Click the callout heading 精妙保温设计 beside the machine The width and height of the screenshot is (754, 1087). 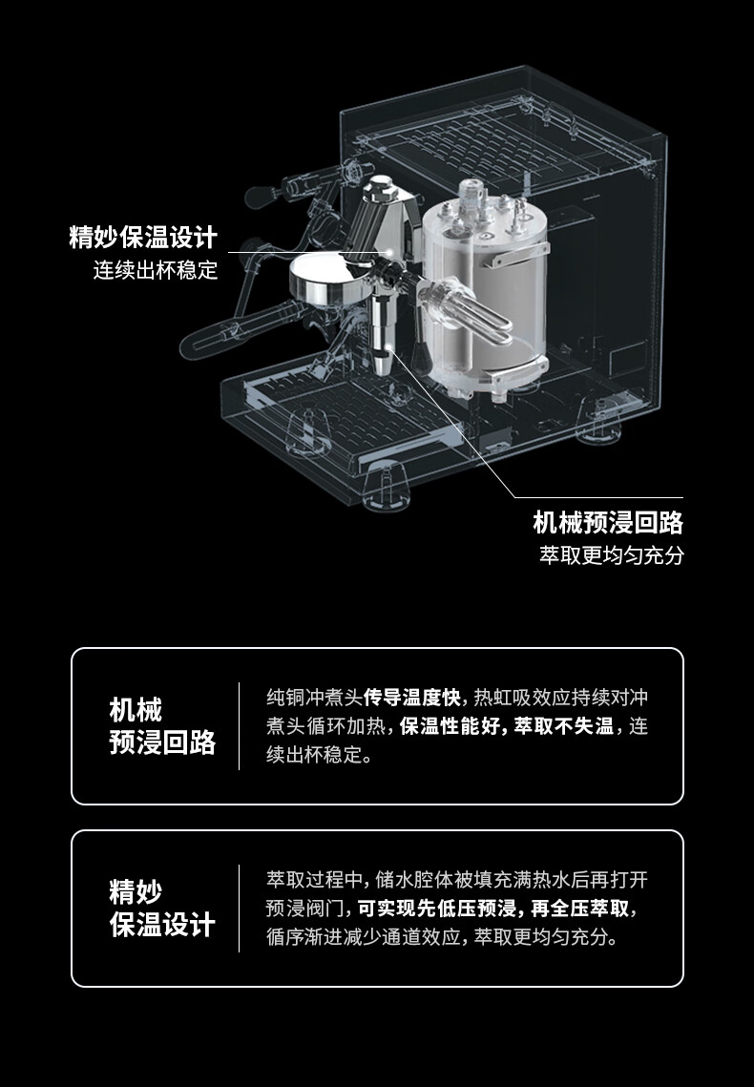point(143,237)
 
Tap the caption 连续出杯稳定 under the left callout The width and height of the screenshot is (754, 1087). point(156,270)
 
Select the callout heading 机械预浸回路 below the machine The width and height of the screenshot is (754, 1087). point(608,522)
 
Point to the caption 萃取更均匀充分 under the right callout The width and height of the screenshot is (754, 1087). point(612,555)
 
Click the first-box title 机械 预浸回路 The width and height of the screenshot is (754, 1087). point(162,726)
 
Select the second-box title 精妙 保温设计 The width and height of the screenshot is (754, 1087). point(162,909)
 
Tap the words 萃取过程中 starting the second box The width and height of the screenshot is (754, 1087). point(313,878)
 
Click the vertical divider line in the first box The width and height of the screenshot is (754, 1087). point(239,726)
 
